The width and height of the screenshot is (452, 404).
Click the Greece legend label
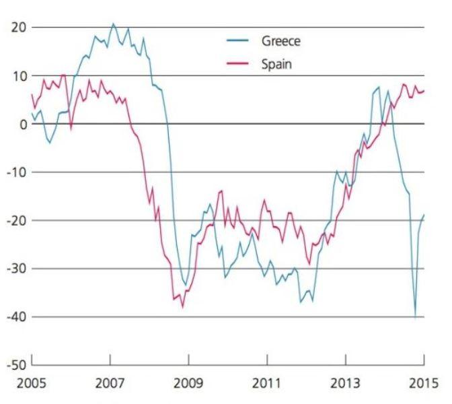280,41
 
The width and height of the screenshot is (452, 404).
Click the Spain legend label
276,65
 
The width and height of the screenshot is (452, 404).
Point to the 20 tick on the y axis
17,27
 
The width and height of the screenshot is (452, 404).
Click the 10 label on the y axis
17,75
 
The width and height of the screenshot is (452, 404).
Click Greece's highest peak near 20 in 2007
113,24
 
